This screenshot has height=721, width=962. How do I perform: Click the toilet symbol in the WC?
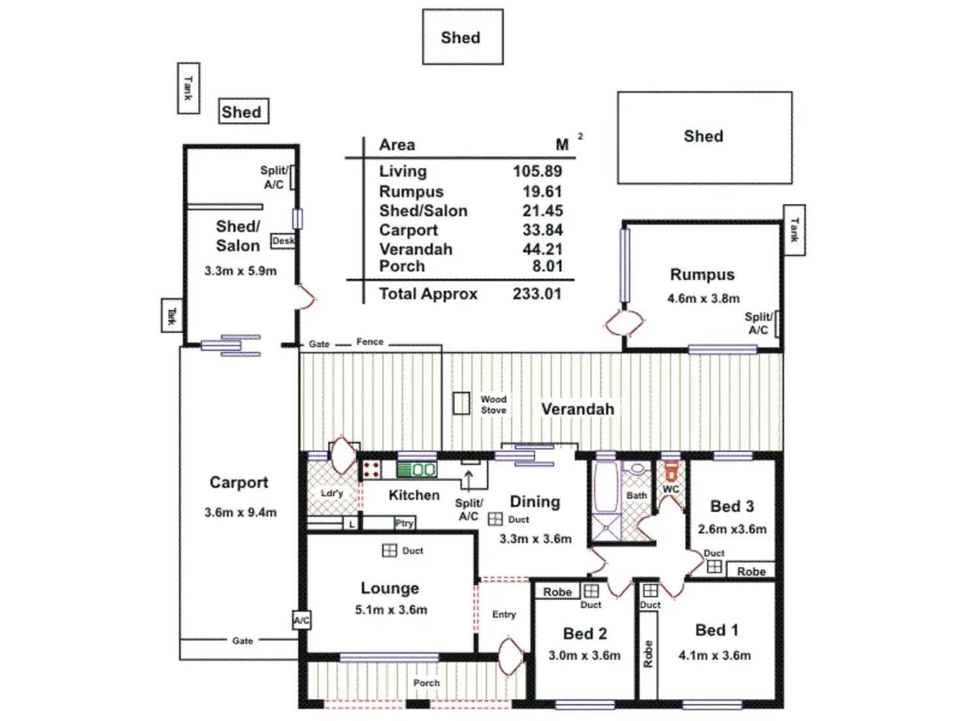pos(671,471)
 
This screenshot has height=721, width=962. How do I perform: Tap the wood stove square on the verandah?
pos(461,403)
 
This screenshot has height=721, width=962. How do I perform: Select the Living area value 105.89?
pos(537,171)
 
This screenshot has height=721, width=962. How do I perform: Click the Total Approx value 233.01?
pos(537,294)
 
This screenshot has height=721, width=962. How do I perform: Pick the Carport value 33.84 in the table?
pos(542,230)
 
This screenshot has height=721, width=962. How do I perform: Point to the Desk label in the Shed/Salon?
pos(283,241)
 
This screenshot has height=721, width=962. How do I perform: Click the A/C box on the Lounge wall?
pos(301,620)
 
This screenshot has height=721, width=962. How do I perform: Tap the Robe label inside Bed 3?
pos(751,571)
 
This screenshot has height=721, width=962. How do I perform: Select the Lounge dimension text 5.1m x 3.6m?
pos(391,610)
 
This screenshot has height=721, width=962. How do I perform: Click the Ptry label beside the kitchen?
pos(404,523)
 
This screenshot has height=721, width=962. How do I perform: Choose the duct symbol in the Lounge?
pos(389,551)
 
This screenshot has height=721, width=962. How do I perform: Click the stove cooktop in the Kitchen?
pos(372,470)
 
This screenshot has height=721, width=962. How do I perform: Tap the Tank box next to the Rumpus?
pos(794,230)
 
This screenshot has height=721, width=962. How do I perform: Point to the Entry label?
pos(504,615)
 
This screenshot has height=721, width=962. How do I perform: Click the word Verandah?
pos(578,409)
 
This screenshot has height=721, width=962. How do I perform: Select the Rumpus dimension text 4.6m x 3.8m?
pos(703,298)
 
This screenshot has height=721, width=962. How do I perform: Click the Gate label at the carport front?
pos(242,641)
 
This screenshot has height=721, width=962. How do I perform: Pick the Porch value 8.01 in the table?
pos(547,266)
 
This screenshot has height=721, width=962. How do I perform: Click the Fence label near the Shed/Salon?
pos(370,342)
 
